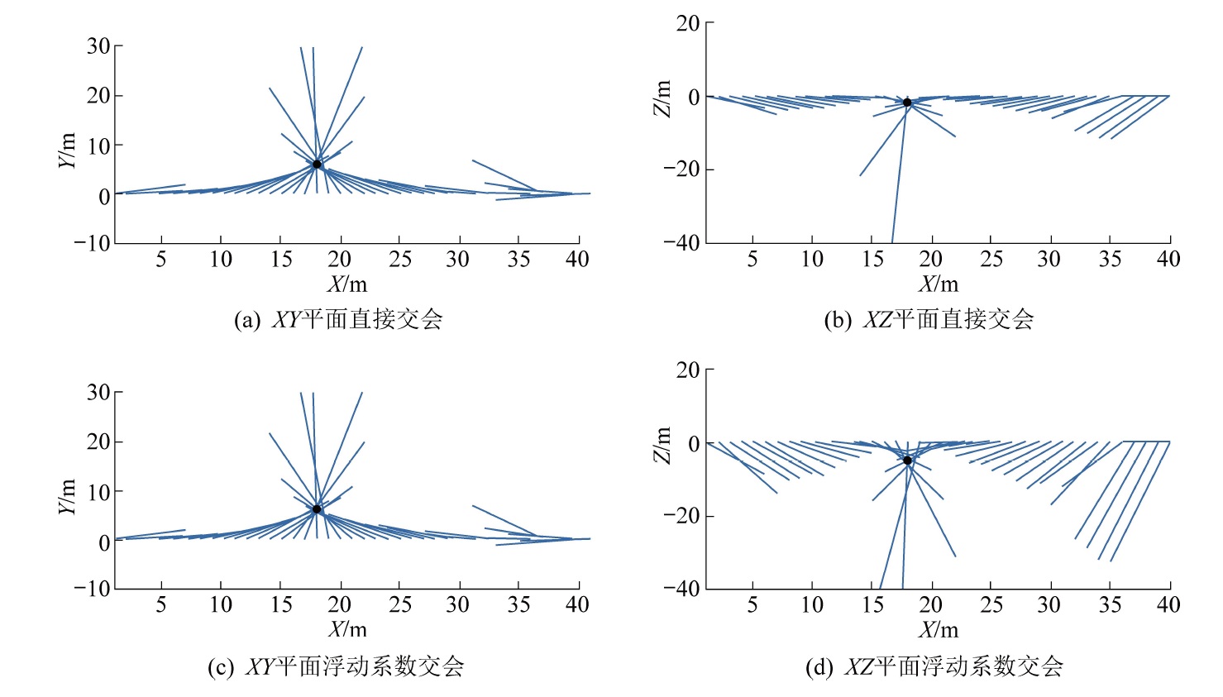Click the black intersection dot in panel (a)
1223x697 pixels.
(x=317, y=164)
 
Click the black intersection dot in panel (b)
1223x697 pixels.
(x=907, y=103)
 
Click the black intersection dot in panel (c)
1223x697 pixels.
(x=317, y=509)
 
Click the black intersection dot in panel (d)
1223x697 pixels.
(x=907, y=461)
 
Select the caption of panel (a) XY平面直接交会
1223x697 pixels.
(x=338, y=320)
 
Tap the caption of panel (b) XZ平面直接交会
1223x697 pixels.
(x=929, y=320)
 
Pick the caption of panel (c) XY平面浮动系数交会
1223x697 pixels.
(x=335, y=666)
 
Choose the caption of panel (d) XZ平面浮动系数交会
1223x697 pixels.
(x=934, y=666)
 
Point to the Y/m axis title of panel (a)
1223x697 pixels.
(x=68, y=150)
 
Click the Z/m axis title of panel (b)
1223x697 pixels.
(x=662, y=98)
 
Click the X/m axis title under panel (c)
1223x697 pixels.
(x=347, y=629)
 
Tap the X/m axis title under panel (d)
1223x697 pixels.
(x=939, y=629)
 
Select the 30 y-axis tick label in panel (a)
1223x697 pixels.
(x=98, y=46)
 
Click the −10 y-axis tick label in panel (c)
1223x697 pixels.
(x=92, y=589)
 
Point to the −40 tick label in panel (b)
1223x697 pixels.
(x=681, y=243)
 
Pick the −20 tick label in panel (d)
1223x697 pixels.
(x=681, y=515)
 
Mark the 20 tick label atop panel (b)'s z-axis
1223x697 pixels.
(x=688, y=23)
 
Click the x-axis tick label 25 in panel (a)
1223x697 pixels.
(x=400, y=260)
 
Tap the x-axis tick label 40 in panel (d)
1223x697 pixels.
(x=1168, y=605)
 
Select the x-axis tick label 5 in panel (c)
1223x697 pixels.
(x=161, y=605)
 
